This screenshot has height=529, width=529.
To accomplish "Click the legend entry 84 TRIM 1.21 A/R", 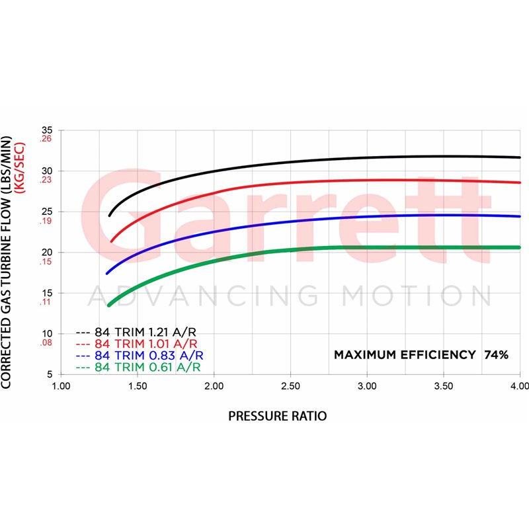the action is [145, 333].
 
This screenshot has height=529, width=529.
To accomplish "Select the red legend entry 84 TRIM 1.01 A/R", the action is [145, 344].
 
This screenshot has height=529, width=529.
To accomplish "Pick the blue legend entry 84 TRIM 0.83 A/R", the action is [149, 355].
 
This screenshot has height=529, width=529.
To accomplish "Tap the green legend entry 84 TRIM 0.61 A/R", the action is [147, 367].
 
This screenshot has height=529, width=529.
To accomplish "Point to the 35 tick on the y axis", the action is [47, 130].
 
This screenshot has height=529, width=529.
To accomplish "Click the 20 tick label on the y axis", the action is [47, 253].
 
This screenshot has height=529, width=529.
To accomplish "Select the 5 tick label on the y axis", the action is [50, 374].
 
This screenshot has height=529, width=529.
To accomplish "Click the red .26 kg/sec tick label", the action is [46, 139].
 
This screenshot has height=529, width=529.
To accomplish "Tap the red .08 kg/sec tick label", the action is [46, 343].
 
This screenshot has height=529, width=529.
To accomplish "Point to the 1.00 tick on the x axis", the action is [61, 386].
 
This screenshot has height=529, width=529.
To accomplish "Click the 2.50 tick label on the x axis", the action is [290, 386].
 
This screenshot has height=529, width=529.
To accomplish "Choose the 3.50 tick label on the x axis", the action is [444, 386].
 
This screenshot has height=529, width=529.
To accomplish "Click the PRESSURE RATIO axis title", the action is [278, 416].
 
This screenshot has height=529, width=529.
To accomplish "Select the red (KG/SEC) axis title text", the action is [20, 168].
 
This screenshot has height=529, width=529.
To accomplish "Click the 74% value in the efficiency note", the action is [497, 355].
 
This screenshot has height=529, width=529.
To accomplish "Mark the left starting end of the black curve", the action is [109, 216].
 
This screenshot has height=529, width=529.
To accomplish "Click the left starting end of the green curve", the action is [108, 305].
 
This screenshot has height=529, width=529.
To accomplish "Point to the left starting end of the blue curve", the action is [107, 274].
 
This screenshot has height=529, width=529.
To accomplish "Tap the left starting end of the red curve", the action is [111, 241].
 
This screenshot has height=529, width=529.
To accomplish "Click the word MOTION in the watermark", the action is [416, 296].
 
